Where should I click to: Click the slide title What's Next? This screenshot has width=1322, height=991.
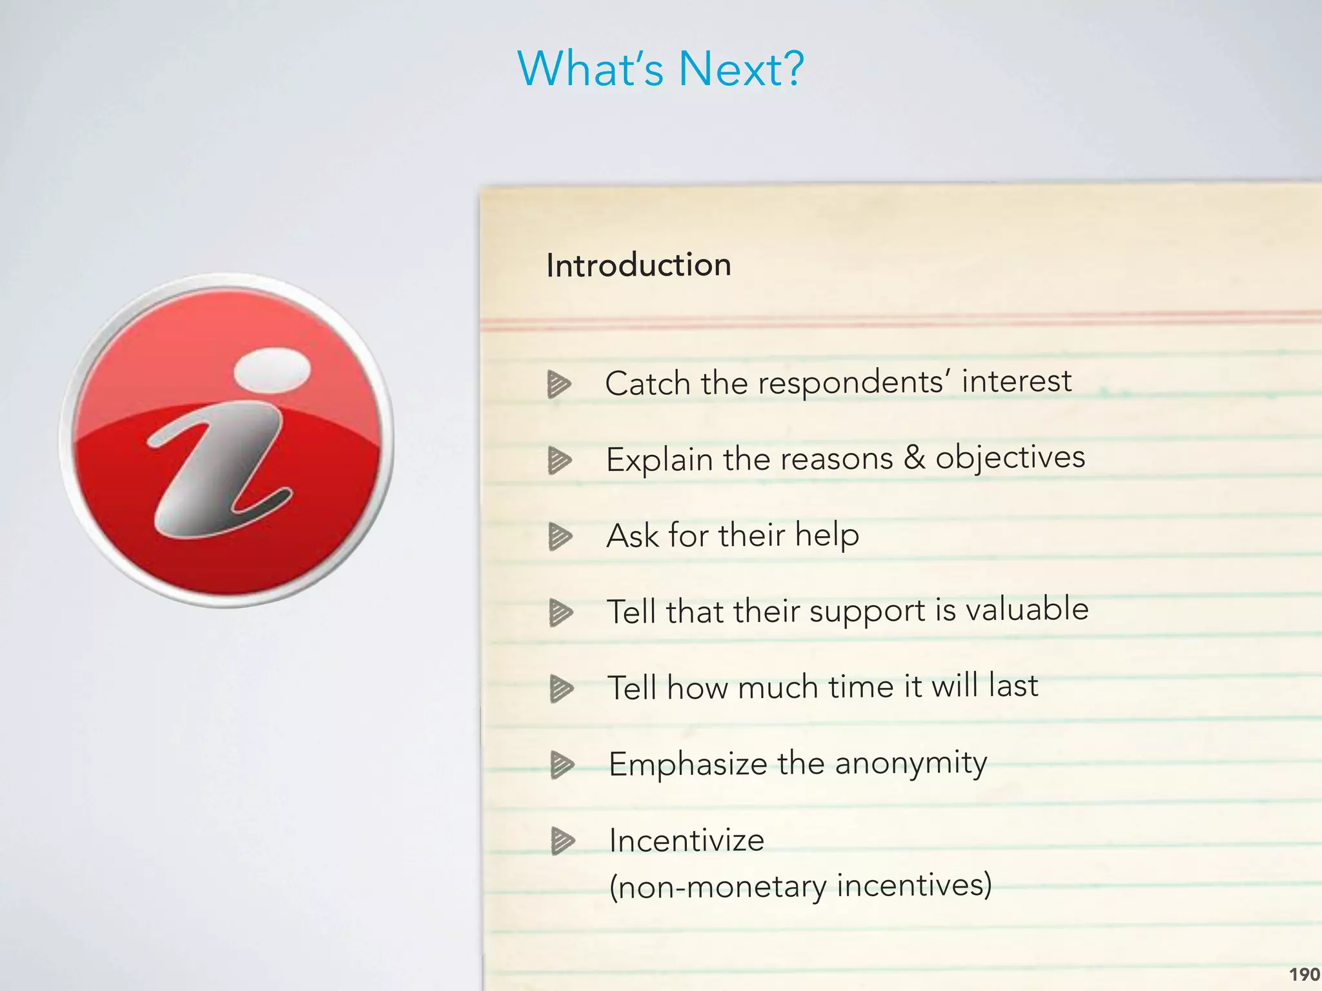click(x=660, y=68)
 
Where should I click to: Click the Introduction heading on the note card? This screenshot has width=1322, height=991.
click(x=638, y=265)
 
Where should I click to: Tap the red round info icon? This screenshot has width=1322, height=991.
click(x=227, y=441)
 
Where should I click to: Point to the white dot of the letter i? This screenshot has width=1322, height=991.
click(x=272, y=369)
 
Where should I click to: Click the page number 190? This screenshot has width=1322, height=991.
click(x=1304, y=974)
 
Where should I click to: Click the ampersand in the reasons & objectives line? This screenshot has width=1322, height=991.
click(x=914, y=457)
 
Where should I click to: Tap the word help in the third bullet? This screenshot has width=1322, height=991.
click(x=827, y=535)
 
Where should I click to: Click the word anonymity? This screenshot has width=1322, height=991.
click(x=911, y=763)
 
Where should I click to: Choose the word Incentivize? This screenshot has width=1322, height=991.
click(x=687, y=840)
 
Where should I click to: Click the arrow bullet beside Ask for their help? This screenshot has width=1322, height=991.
click(x=560, y=537)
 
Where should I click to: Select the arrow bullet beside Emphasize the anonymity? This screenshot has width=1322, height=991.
click(x=562, y=765)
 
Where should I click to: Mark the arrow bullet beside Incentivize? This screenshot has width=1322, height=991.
click(x=562, y=841)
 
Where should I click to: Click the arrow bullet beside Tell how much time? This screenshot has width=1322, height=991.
click(x=561, y=688)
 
